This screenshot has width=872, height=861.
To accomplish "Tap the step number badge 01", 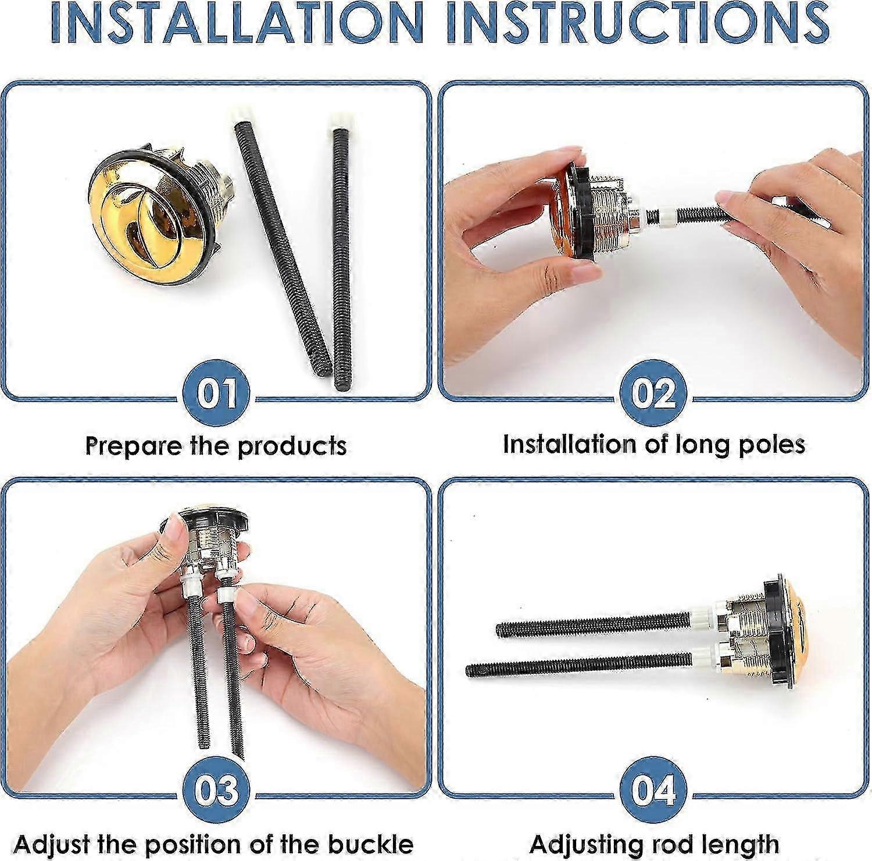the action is coord(216,394).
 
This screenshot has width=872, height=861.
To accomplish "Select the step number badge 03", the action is coord(216,791).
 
